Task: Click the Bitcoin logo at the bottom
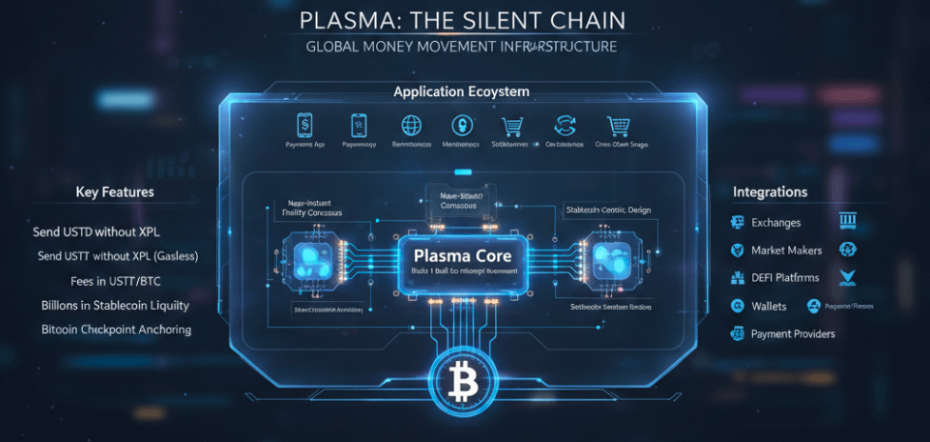(465, 384)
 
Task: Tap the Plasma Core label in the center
(463, 255)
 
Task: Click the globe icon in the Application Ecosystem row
(411, 125)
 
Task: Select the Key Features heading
(114, 192)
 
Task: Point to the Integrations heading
(770, 192)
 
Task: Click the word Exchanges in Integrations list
(776, 223)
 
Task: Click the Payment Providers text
(793, 333)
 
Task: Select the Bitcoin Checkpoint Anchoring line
(116, 330)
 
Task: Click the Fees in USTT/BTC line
(115, 281)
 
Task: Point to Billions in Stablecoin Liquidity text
(115, 306)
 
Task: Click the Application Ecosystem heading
(462, 92)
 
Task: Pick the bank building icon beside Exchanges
(847, 222)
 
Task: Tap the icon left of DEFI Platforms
(737, 278)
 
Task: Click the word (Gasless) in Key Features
(170, 256)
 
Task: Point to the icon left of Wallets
(737, 306)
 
